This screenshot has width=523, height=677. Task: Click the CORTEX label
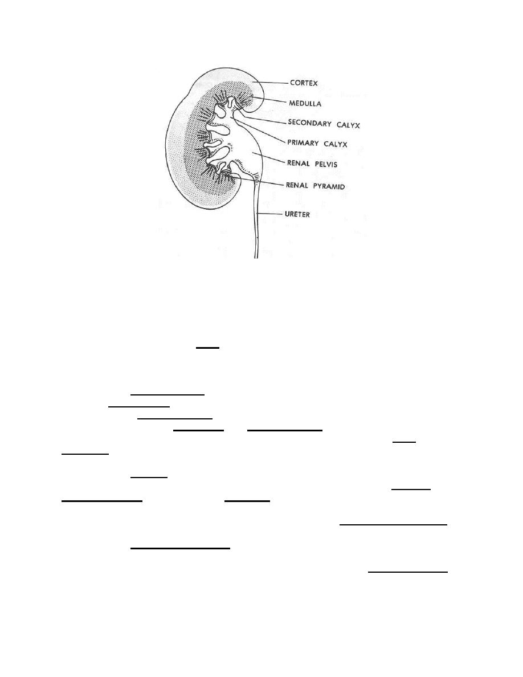point(304,83)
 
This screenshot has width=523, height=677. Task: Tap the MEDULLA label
point(305,104)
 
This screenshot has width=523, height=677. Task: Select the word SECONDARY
point(309,123)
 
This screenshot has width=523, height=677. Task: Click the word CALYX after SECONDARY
point(348,125)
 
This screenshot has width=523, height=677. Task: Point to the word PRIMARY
point(303,143)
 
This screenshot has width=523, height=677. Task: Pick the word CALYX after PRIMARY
point(336,144)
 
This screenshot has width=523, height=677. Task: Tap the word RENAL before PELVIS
point(298,163)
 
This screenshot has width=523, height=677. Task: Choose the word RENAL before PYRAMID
point(297,185)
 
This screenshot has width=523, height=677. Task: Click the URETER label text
point(297,214)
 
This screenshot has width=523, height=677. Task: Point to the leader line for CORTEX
point(270,82)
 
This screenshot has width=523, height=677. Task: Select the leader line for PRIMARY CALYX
point(260,130)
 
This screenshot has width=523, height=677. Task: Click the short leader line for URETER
point(269,214)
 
